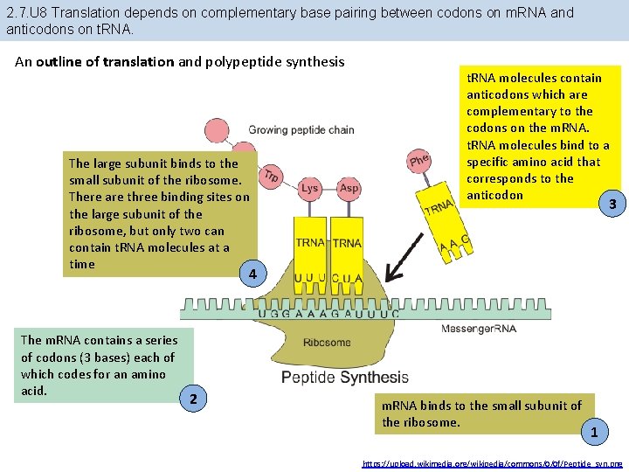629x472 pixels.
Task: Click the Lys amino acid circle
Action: click(310, 188)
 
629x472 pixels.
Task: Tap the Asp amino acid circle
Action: click(349, 188)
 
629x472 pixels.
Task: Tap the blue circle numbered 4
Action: click(252, 274)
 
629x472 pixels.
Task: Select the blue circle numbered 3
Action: click(612, 205)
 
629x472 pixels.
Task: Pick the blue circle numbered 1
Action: click(594, 432)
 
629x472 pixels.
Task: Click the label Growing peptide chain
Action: click(301, 130)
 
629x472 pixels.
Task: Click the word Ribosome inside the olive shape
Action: click(327, 343)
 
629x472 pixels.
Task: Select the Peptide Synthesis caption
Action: click(344, 378)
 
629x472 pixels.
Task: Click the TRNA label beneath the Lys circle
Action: click(310, 242)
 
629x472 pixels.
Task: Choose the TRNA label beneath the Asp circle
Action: click(347, 242)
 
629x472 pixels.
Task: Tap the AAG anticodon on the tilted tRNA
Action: click(454, 247)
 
